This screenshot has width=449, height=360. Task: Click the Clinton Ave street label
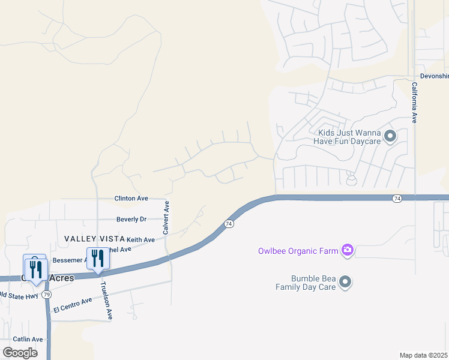tap(131, 198)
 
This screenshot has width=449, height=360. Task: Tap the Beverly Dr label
tap(131, 220)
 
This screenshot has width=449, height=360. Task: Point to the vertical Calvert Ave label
tap(166, 218)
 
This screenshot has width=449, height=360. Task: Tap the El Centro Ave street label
tap(73, 305)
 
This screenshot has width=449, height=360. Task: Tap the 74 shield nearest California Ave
tap(397, 198)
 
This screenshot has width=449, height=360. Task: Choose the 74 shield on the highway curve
tap(229, 224)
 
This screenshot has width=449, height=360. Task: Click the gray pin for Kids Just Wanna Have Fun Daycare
tap(390, 136)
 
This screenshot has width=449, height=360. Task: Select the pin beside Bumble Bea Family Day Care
tap(345, 281)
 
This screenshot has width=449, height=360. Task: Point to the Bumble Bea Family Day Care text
tap(305, 283)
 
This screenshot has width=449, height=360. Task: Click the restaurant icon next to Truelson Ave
tap(97, 259)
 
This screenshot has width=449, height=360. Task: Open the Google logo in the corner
tap(20, 352)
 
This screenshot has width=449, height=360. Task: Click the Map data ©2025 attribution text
tap(424, 355)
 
